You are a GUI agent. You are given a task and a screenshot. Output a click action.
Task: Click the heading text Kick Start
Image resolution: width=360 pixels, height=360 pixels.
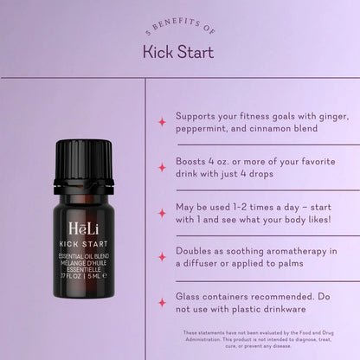[179, 52]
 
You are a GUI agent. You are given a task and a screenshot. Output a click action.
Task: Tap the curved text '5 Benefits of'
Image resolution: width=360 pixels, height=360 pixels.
[179, 29]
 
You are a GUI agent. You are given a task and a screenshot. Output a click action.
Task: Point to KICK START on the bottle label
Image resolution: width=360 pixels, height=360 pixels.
[84, 243]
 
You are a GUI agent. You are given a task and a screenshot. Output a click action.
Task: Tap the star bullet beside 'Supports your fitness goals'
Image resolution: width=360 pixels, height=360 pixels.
[162, 122]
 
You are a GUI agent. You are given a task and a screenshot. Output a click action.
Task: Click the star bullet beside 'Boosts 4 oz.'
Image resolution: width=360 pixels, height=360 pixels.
[162, 167]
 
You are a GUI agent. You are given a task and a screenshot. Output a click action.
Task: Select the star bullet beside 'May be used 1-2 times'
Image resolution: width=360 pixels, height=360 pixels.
[162, 212]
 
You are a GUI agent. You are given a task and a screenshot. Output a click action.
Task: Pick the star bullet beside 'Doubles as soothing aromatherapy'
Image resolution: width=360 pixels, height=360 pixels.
[162, 257]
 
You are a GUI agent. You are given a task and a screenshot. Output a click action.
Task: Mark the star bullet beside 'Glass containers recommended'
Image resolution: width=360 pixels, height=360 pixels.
[162, 302]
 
